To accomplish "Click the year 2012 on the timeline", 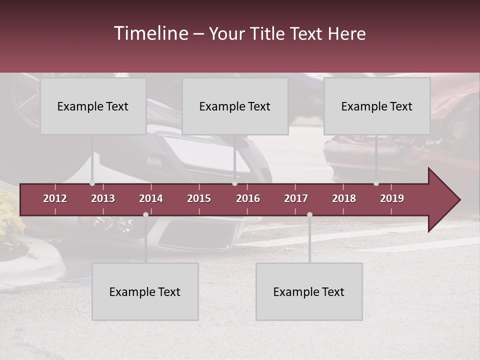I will click(55, 198).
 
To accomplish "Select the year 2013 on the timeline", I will click(103, 198).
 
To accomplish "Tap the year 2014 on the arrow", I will click(151, 198).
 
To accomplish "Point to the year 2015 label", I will click(199, 198).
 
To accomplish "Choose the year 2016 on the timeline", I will click(248, 198).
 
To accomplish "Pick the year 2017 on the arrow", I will click(296, 198).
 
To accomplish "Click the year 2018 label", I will click(344, 198).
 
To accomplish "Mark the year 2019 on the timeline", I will click(392, 198).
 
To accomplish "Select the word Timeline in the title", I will click(150, 33).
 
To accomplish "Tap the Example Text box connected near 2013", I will click(93, 106).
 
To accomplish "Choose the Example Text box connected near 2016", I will click(235, 106).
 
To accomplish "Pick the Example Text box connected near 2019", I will click(377, 106).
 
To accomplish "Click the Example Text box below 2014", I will click(145, 291).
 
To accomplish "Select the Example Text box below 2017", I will click(309, 291).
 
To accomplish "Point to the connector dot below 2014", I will click(145, 214).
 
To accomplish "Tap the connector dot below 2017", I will click(309, 214).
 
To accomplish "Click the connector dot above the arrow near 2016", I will click(234, 183).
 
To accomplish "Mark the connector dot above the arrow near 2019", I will click(376, 183).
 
